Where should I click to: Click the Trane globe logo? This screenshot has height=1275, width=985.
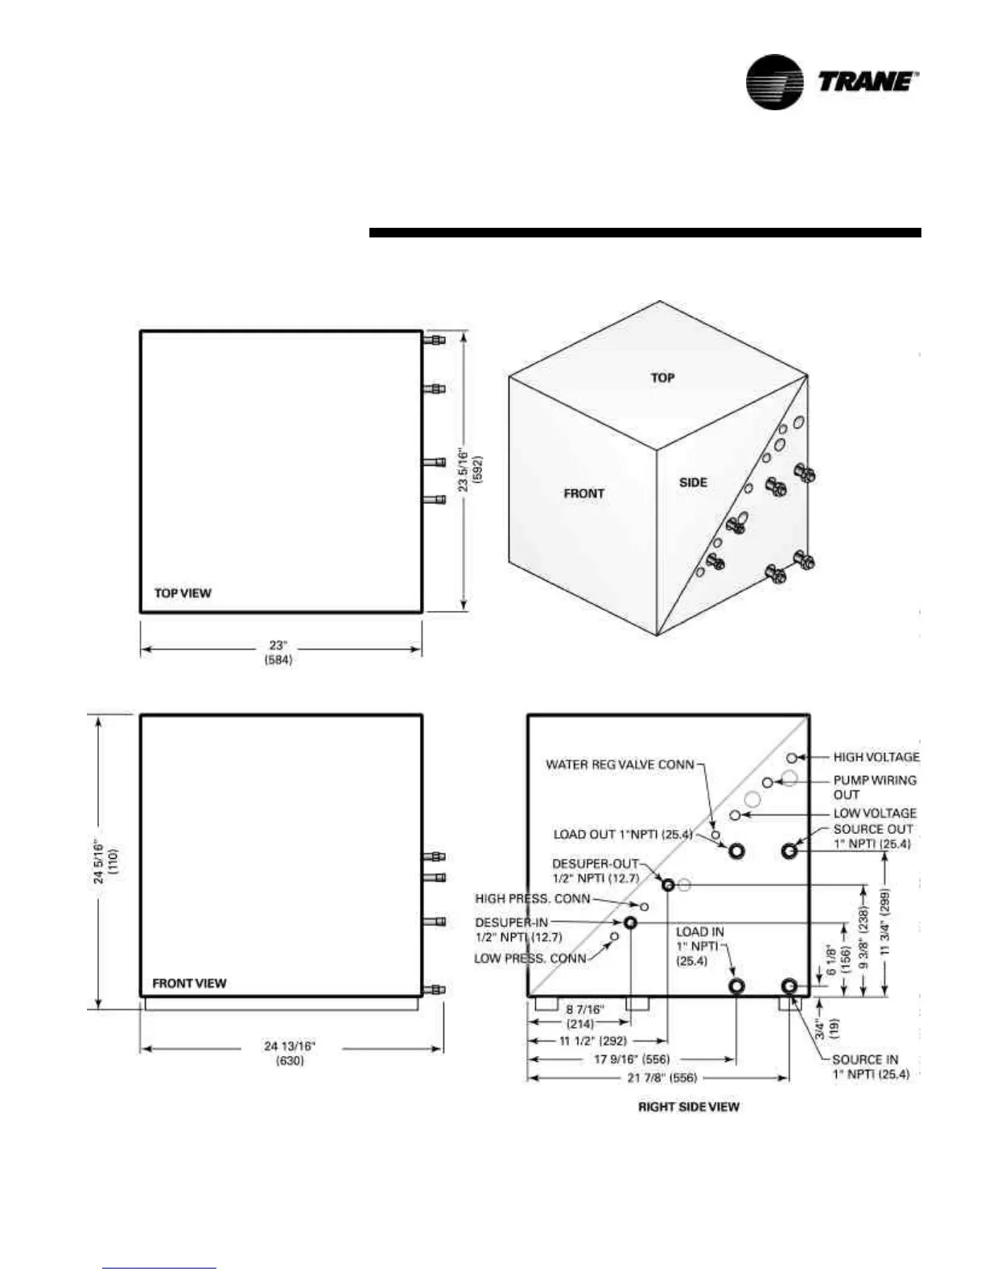coord(774,81)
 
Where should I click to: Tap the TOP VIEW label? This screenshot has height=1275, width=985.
coord(183,593)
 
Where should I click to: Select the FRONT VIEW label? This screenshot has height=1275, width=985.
coord(189,983)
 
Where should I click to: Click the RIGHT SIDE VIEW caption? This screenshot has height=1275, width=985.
coord(688,1107)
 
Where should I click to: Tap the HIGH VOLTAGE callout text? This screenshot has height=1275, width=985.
coord(876,757)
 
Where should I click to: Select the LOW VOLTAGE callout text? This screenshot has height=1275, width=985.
coord(874,813)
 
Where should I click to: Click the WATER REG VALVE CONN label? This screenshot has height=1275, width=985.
coord(620,764)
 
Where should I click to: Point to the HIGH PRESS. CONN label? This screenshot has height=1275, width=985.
coord(533,898)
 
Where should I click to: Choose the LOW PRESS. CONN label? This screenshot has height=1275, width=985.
coord(530,958)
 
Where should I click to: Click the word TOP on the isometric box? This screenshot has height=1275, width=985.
coord(662,378)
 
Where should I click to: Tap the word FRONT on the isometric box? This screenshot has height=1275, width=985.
coord(583,493)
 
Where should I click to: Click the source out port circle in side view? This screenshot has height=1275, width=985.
coord(789,850)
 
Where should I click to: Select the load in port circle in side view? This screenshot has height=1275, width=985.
coord(736,986)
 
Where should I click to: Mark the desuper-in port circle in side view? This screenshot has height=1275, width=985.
coord(630,922)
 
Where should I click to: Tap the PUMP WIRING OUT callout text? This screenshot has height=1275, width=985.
coord(874,786)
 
